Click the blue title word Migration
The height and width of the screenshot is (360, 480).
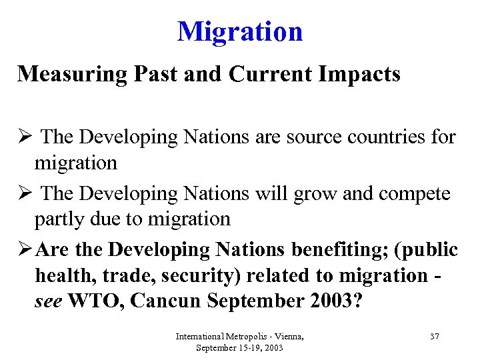pyautogui.click(x=240, y=31)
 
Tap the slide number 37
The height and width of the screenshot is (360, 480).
pyautogui.click(x=435, y=336)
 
